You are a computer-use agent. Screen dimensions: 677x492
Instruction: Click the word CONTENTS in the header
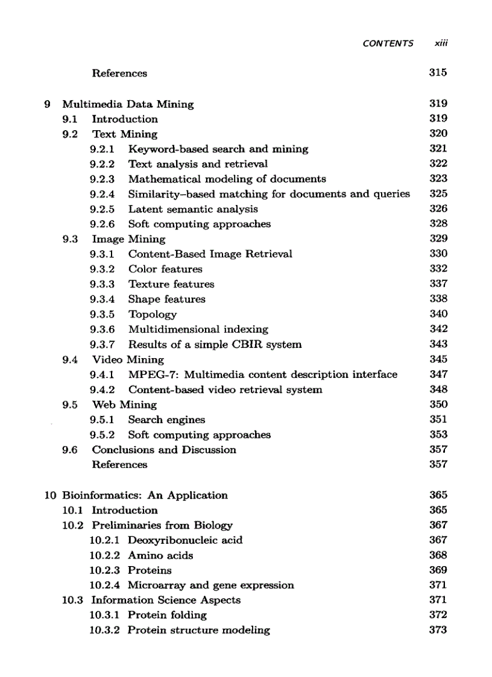(x=388, y=43)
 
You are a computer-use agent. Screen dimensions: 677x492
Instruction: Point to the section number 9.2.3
(x=102, y=179)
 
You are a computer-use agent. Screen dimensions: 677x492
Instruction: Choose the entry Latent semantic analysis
(x=193, y=209)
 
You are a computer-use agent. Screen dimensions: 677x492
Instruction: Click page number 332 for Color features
(x=438, y=269)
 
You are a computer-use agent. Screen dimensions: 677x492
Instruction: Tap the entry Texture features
(x=171, y=284)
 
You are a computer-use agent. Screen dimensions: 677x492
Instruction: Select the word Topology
(x=153, y=315)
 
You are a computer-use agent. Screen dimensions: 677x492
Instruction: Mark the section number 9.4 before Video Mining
(x=70, y=360)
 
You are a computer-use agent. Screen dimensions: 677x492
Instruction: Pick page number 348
(x=438, y=389)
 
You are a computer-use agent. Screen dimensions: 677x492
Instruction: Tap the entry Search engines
(x=166, y=420)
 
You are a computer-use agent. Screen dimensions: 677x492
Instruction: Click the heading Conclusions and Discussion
(x=164, y=450)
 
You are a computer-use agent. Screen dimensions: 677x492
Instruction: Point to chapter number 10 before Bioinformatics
(x=51, y=496)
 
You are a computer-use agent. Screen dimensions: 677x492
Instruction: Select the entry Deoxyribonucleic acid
(x=185, y=540)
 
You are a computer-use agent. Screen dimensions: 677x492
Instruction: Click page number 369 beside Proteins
(x=438, y=570)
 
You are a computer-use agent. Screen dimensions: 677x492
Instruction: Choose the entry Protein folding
(x=167, y=616)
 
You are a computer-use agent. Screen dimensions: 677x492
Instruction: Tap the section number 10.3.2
(x=105, y=631)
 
